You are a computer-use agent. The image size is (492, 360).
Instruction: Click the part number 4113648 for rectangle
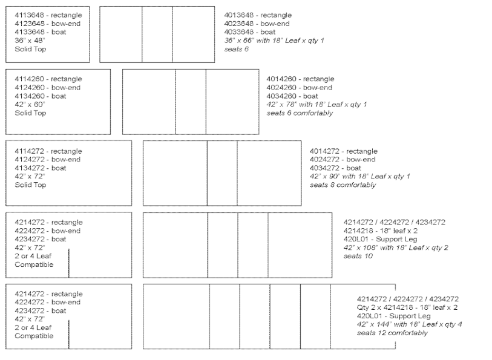coord(30,15)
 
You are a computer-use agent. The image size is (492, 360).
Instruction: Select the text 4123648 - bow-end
coord(47,24)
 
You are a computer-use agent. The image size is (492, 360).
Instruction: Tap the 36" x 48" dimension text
coord(30,41)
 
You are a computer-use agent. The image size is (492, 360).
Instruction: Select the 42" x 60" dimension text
coord(30,105)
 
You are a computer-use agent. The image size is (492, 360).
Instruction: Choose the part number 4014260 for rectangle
coord(281,79)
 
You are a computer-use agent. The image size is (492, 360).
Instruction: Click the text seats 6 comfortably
coord(300,113)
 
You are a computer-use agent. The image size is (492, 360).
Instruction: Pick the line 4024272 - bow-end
coord(343,160)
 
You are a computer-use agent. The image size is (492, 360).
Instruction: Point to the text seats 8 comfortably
coord(343,185)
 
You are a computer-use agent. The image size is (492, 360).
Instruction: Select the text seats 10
coord(358,256)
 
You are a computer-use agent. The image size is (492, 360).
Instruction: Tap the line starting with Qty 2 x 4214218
coord(407,307)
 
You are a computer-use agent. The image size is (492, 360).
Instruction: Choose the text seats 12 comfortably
coord(392,333)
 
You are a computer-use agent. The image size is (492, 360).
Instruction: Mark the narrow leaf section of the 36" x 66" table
coord(157,34)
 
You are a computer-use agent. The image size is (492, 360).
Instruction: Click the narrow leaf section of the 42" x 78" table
coord(191,102)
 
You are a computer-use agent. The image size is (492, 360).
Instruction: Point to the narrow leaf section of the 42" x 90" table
coord(222,173)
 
